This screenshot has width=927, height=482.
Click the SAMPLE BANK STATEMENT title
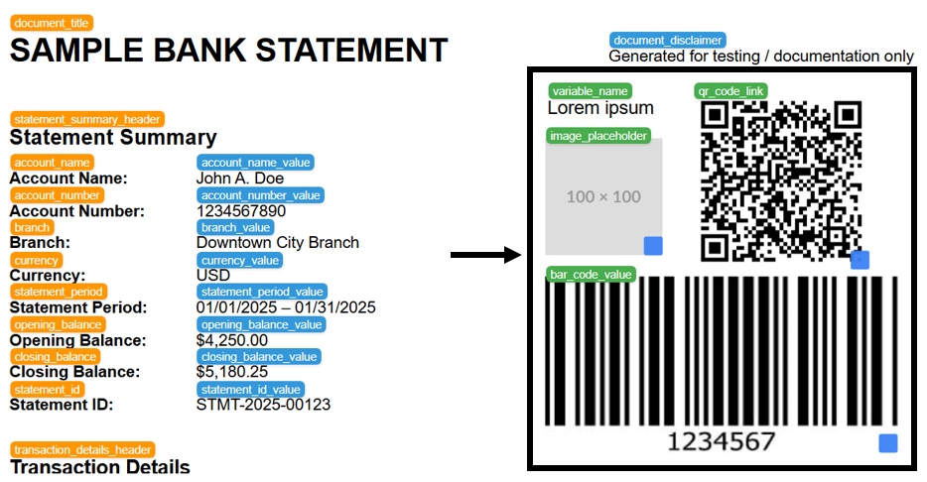228,50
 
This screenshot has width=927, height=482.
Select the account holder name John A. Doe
240,179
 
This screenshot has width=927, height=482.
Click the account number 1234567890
241,211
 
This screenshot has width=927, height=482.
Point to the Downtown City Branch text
278,243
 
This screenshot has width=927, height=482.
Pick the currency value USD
213,275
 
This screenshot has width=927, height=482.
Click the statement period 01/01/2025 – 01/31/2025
286,307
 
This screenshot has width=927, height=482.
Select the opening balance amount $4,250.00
232,340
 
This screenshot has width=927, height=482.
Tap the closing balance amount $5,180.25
232,372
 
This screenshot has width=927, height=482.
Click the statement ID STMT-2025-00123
263,405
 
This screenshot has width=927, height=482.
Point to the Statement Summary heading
113,138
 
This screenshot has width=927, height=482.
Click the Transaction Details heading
100,466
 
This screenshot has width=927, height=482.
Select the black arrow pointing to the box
486,256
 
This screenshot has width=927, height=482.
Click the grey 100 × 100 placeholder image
603,196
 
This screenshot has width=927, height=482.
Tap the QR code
780,181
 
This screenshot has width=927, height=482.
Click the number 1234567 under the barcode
720,440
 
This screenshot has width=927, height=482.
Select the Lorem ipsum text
600,108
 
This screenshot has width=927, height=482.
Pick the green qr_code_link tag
730,91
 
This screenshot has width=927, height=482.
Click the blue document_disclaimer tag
667,41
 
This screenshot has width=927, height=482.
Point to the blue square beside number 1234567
887,443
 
